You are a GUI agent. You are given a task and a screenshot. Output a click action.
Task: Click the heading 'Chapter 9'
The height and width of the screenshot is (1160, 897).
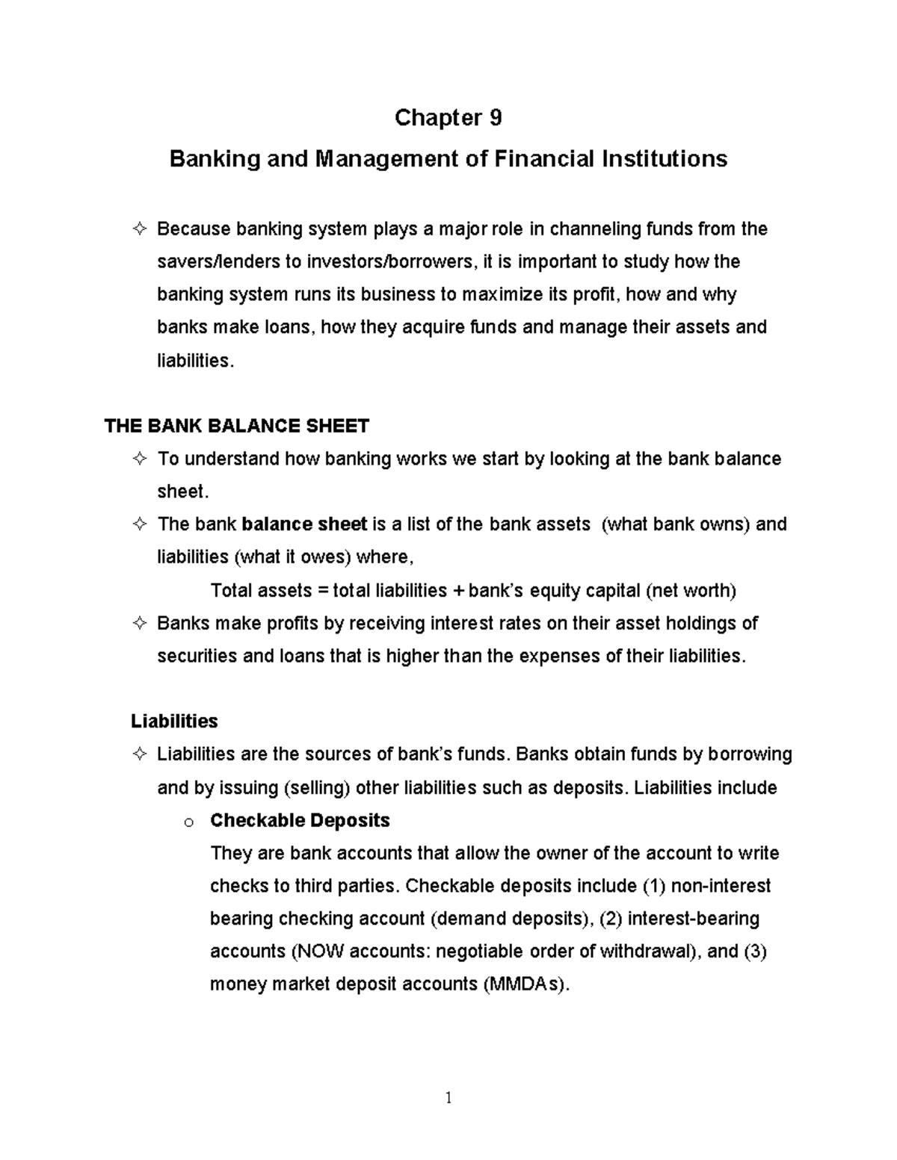[x=448, y=118]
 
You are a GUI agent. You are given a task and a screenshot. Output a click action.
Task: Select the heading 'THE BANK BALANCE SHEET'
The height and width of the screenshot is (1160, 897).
[x=236, y=427]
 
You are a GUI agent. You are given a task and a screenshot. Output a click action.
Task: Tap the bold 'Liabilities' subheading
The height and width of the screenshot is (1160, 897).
[x=174, y=722]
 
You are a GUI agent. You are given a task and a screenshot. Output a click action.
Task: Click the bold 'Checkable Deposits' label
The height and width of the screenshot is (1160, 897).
[x=300, y=821]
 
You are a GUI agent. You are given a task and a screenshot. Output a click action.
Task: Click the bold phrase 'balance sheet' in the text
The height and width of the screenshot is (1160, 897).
[x=305, y=524]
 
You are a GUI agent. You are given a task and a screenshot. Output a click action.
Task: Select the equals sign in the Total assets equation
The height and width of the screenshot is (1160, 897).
[x=323, y=591]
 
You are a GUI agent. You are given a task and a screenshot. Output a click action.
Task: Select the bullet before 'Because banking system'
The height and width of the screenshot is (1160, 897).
[x=139, y=229]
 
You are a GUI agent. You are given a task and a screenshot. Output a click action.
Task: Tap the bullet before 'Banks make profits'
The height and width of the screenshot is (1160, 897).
[x=139, y=624]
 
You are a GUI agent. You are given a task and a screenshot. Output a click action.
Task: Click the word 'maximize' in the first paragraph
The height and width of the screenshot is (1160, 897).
[x=502, y=295]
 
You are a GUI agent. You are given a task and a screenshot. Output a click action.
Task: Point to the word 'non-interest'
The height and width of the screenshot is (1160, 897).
[x=721, y=886]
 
